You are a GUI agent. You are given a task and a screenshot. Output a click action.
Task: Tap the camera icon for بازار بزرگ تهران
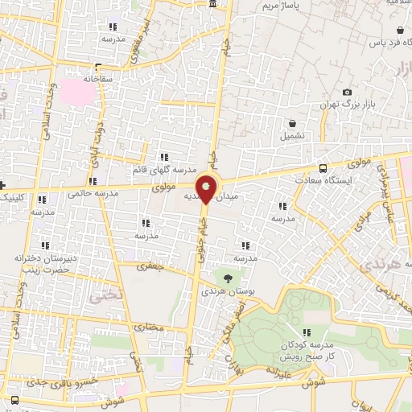pos(347,93)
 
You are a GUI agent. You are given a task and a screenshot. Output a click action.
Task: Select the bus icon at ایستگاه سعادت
pos(323,168)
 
